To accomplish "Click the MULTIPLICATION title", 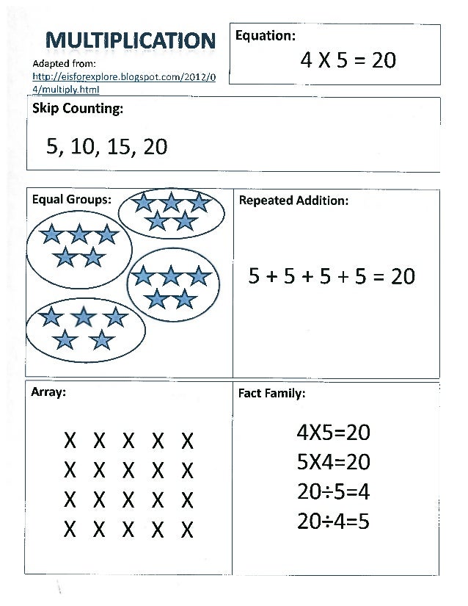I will pyautogui.click(x=131, y=40).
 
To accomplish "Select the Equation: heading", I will pyautogui.click(x=265, y=35).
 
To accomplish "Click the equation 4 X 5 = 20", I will pyautogui.click(x=348, y=60).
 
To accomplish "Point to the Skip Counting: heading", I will pyautogui.click(x=77, y=109).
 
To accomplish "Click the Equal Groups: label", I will pyautogui.click(x=71, y=199).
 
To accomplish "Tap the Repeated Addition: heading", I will pyautogui.click(x=293, y=200).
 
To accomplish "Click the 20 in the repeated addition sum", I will pyautogui.click(x=403, y=276).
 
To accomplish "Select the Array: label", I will pyautogui.click(x=48, y=392).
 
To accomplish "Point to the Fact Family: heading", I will pyautogui.click(x=271, y=393).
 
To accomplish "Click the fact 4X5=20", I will pyautogui.click(x=333, y=433).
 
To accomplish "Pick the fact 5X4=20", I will pyautogui.click(x=333, y=462).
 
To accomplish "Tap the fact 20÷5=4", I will pyautogui.click(x=333, y=491).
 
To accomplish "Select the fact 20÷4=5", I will pyautogui.click(x=333, y=521).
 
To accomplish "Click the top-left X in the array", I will pyautogui.click(x=70, y=441).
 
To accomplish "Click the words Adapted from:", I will pyautogui.click(x=59, y=64).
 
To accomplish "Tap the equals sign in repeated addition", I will pyautogui.click(x=378, y=277).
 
